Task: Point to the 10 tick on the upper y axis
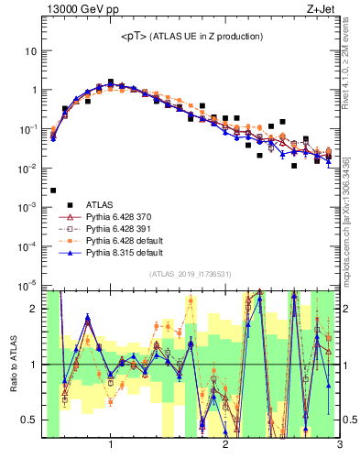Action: click(31, 51)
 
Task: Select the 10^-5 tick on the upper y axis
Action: click(27, 286)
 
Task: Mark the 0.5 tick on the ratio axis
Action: click(29, 420)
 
